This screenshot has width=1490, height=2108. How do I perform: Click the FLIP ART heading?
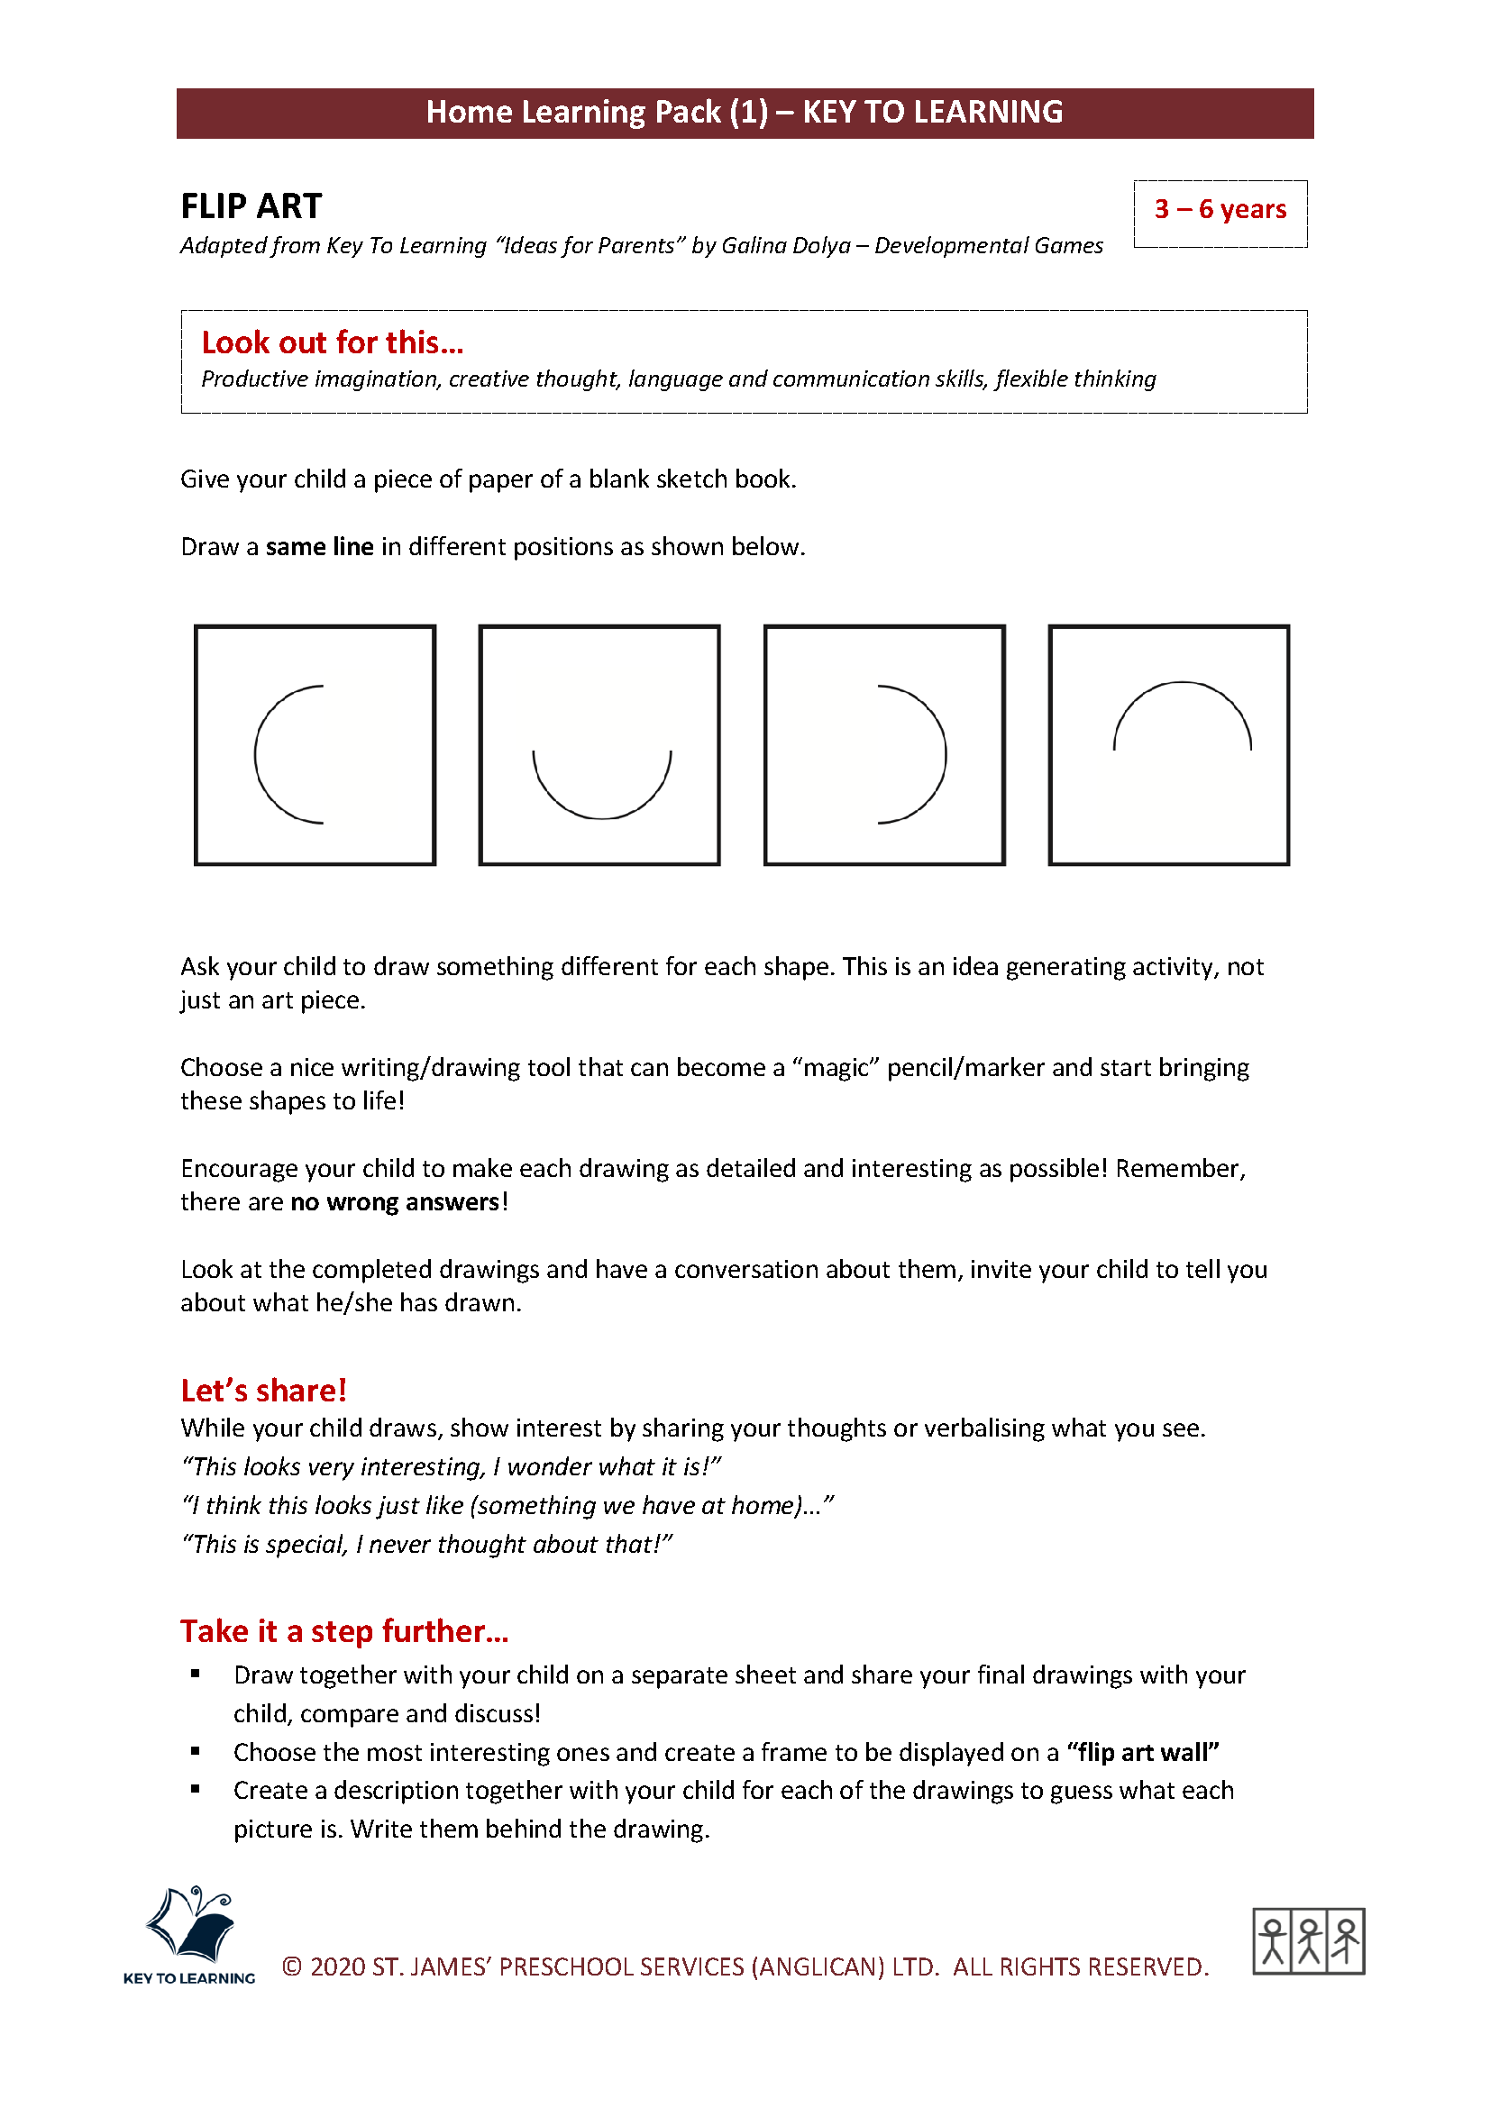click(251, 205)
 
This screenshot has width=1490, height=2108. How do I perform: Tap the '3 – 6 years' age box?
click(1220, 210)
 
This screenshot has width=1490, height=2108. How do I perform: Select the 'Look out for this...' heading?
click(333, 342)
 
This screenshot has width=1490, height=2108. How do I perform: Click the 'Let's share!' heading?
click(263, 1390)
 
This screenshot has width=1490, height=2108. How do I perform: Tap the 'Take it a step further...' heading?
click(343, 1630)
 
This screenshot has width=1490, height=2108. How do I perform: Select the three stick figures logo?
click(1308, 1941)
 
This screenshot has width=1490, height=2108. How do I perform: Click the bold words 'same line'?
click(319, 547)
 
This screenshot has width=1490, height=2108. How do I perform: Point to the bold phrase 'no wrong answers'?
click(395, 1202)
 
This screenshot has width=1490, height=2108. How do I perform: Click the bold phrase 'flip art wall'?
click(1142, 1752)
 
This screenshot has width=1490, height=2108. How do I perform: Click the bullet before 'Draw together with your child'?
click(196, 1674)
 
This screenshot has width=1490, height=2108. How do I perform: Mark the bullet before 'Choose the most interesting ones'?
click(196, 1751)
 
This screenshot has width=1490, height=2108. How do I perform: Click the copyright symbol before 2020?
click(292, 1966)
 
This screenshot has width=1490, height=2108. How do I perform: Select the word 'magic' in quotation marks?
click(836, 1067)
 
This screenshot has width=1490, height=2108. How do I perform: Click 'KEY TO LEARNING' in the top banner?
click(932, 112)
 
